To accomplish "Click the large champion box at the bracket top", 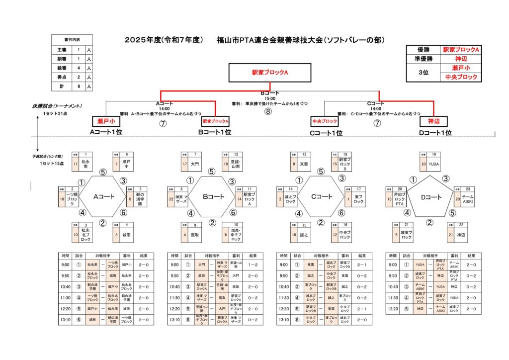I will coord(270,73).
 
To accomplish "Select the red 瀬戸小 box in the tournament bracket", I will coord(106,121).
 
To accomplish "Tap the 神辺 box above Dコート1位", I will coord(434,121).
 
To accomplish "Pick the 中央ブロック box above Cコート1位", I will coord(324,121).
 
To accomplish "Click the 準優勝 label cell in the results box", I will coord(424,59).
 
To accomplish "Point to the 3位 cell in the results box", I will coord(424,72).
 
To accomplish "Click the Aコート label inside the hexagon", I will coord(104,197).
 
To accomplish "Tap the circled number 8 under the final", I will coord(268,111).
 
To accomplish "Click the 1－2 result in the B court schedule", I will coord(253,265).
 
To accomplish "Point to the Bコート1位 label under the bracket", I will coord(215,132).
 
